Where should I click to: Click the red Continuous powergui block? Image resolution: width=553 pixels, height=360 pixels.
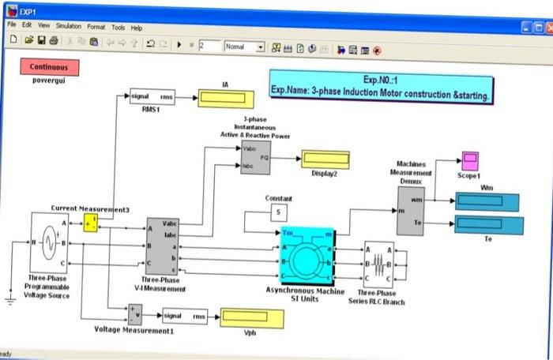coord(49,67)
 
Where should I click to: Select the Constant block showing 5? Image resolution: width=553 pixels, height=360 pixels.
coord(277,212)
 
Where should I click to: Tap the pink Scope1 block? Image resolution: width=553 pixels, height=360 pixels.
coord(470,161)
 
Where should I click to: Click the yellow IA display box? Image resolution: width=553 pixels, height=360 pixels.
coord(225,98)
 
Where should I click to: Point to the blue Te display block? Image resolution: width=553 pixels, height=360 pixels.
coord(489,226)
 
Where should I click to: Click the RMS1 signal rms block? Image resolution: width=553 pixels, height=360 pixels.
coord(152,97)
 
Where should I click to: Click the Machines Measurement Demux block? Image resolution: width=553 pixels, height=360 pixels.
coord(410,211)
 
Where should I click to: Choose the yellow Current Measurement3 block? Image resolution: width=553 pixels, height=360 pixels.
coord(92,224)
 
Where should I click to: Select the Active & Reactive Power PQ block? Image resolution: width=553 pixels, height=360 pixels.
coord(255,157)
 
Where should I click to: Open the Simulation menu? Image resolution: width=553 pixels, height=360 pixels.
coord(68,27)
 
